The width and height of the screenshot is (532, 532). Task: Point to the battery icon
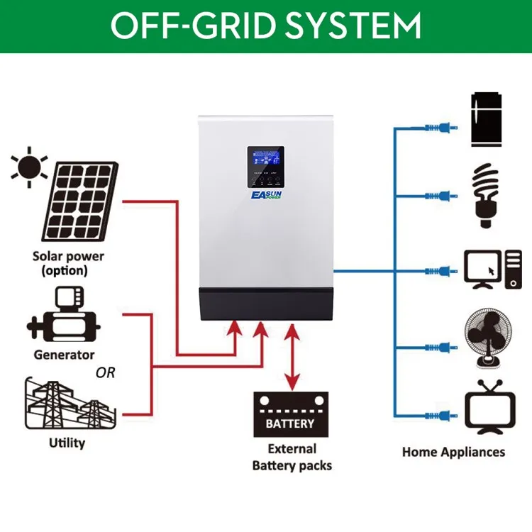pyautogui.click(x=289, y=416)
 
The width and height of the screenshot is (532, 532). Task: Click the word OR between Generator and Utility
pyautogui.click(x=105, y=372)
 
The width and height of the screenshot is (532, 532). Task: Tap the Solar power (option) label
pyautogui.click(x=68, y=263)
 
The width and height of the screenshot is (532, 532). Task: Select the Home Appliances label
pyautogui.click(x=453, y=452)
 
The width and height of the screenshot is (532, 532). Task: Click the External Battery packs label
pyautogui.click(x=291, y=458)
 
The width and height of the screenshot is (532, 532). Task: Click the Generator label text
pyautogui.click(x=64, y=354)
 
